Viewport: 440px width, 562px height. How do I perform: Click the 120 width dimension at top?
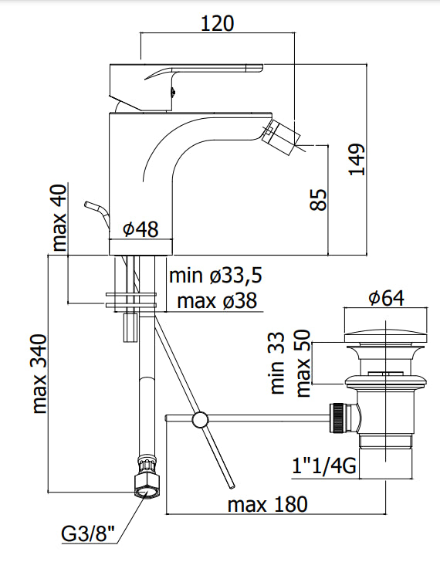point(217,23)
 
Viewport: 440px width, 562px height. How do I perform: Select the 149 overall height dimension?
point(357,160)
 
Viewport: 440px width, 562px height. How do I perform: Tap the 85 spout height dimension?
point(318,200)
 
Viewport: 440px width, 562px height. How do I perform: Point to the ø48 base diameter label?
point(140,229)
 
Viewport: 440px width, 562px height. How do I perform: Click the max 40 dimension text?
point(59,218)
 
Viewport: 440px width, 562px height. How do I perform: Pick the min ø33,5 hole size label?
point(215,276)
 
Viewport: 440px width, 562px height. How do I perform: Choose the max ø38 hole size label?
point(217,300)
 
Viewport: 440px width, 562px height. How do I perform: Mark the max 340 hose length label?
point(39,374)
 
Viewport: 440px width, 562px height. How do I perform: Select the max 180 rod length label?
point(267,504)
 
